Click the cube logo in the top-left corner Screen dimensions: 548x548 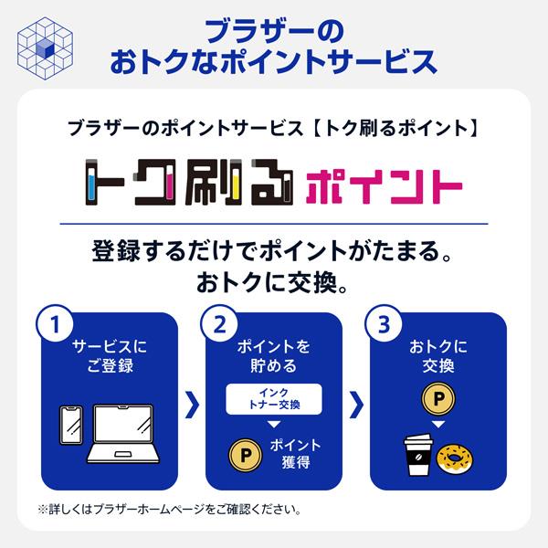(x=45, y=48)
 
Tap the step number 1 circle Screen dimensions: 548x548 (x=55, y=324)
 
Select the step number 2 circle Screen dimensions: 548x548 (x=219, y=324)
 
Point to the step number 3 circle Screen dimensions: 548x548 (x=384, y=324)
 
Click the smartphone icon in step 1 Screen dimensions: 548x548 (x=71, y=425)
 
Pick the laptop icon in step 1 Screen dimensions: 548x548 (x=123, y=434)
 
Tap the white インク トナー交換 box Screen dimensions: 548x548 (x=274, y=399)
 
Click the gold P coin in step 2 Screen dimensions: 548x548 (x=246, y=455)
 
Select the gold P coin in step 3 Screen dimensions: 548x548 (x=438, y=398)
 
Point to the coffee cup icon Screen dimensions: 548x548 (x=418, y=455)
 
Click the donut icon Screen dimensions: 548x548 (x=455, y=458)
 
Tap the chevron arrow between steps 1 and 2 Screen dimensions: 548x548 (x=192, y=405)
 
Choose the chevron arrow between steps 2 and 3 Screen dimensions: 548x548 (x=356, y=405)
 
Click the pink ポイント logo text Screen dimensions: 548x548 (x=385, y=186)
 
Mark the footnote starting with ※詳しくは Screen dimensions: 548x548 (x=169, y=510)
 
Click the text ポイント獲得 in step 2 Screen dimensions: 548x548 (x=295, y=454)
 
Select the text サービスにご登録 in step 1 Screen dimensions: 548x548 (x=110, y=356)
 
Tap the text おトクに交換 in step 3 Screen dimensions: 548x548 (x=438, y=356)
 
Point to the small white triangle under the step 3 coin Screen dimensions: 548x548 (x=438, y=425)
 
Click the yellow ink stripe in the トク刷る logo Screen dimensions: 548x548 (x=236, y=189)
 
